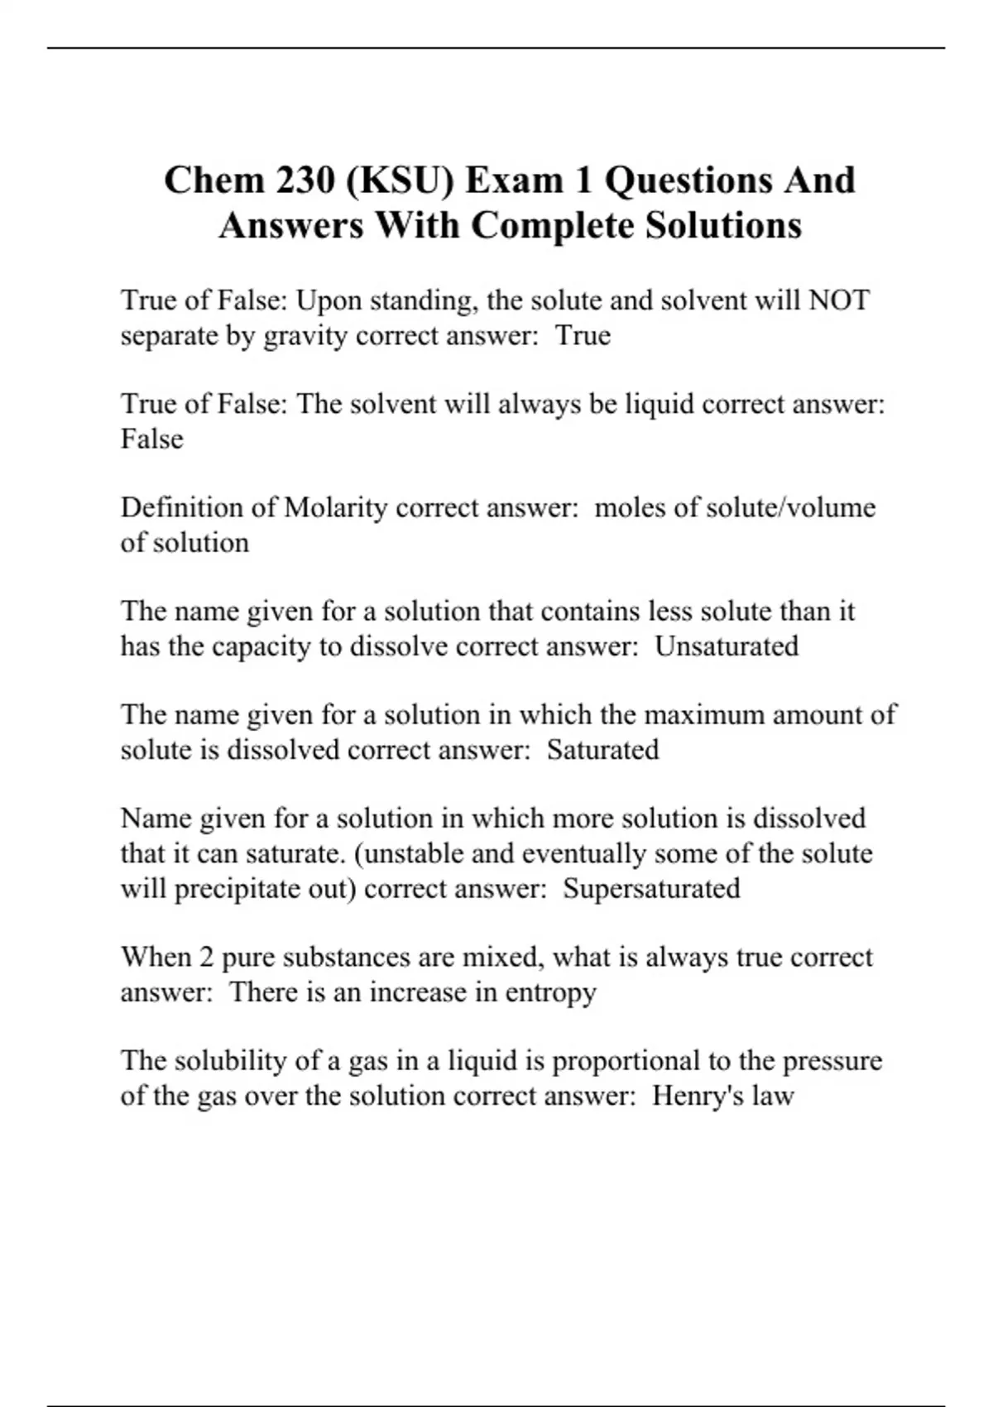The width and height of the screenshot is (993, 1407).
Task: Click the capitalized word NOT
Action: click(838, 300)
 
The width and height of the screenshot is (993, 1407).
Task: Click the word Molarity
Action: click(335, 507)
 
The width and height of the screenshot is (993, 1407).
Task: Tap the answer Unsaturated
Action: click(727, 646)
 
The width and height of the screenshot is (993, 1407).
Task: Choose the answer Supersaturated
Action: click(651, 888)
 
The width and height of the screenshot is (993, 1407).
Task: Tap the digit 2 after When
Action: click(206, 957)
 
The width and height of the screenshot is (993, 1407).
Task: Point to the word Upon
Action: click(329, 300)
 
